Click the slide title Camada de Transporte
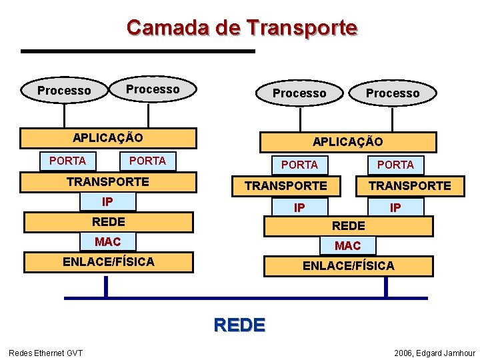click(x=242, y=28)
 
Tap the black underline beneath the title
click(x=138, y=51)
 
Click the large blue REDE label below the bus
click(x=239, y=325)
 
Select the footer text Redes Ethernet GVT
click(x=45, y=352)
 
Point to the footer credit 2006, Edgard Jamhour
click(x=435, y=352)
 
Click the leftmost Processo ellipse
click(x=65, y=91)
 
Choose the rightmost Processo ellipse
click(x=393, y=93)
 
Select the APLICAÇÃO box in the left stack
click(x=108, y=138)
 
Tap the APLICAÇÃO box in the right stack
click(x=348, y=142)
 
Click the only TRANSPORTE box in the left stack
click(x=108, y=181)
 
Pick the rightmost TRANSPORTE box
click(x=410, y=185)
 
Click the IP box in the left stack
click(x=107, y=201)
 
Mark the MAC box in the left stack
click(x=107, y=241)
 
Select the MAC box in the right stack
click(x=348, y=245)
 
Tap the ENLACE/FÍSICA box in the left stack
click(x=108, y=262)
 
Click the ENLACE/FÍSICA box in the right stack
click(x=348, y=266)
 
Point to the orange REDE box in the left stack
click(x=108, y=221)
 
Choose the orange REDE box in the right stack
click(x=348, y=226)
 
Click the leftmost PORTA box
click(x=67, y=161)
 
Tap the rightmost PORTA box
click(x=395, y=165)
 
